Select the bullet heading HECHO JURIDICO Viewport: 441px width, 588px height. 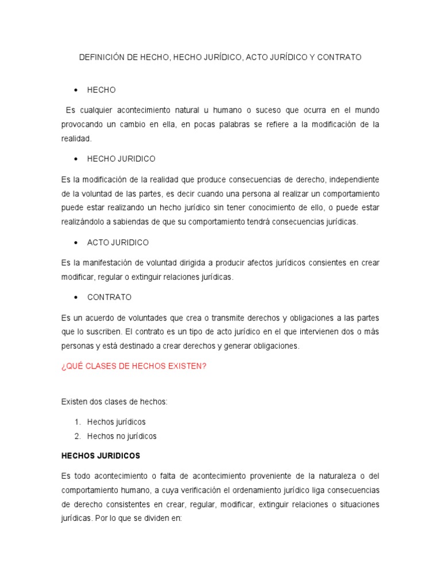click(121, 158)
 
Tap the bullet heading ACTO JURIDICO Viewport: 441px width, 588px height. click(118, 242)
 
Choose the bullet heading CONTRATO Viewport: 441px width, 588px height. click(109, 297)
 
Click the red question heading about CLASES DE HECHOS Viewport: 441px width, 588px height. click(134, 366)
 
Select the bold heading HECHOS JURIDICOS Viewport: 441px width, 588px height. click(101, 455)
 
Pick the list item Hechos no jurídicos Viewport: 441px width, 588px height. click(122, 436)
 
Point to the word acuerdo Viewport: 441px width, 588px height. click(102, 318)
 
